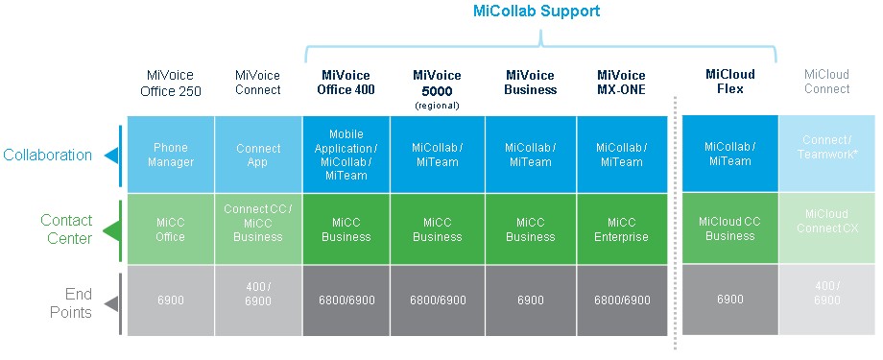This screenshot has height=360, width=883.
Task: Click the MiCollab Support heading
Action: click(537, 12)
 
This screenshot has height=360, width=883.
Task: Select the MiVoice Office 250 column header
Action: click(170, 83)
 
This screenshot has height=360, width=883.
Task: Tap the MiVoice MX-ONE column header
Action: click(622, 83)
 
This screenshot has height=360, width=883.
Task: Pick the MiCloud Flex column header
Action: click(729, 82)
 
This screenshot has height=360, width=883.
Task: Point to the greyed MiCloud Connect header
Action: click(826, 82)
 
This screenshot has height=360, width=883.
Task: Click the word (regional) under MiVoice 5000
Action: click(437, 106)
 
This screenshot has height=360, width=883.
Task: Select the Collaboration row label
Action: click(47, 155)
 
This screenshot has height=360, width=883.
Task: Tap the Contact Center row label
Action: click(66, 228)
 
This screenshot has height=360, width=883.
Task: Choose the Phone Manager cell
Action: click(171, 155)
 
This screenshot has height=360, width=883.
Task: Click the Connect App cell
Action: click(258, 155)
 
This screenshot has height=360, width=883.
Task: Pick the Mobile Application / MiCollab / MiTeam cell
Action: click(346, 155)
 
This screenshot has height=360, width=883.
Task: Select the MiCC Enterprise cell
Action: click(622, 228)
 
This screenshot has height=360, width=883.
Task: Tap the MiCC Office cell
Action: click(171, 228)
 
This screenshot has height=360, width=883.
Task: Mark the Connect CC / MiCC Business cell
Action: click(258, 228)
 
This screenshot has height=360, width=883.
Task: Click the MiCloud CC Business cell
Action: click(729, 228)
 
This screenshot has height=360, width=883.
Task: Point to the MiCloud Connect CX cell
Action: click(826, 228)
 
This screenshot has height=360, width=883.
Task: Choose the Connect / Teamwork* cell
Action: click(826, 154)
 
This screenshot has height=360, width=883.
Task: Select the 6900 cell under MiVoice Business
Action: click(531, 300)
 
